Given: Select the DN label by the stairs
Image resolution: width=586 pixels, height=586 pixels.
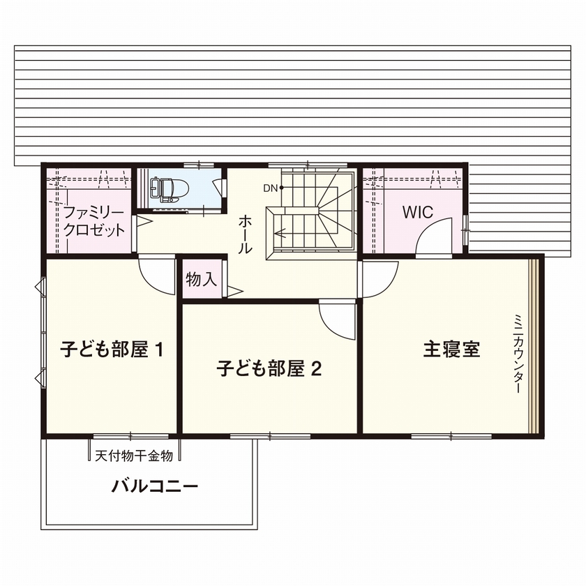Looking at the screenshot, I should (x=270, y=188).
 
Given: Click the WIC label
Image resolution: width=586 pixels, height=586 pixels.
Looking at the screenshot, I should (x=418, y=212).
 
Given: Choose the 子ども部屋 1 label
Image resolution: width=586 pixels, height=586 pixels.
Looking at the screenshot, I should (x=111, y=349).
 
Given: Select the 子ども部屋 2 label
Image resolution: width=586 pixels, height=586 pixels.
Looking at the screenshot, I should (x=269, y=368).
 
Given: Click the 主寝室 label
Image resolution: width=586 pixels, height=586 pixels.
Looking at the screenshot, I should (x=451, y=349).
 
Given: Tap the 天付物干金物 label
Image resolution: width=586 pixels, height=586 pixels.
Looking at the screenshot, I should (x=133, y=457).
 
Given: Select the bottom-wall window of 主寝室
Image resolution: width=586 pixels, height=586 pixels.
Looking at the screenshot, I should (x=451, y=437).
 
